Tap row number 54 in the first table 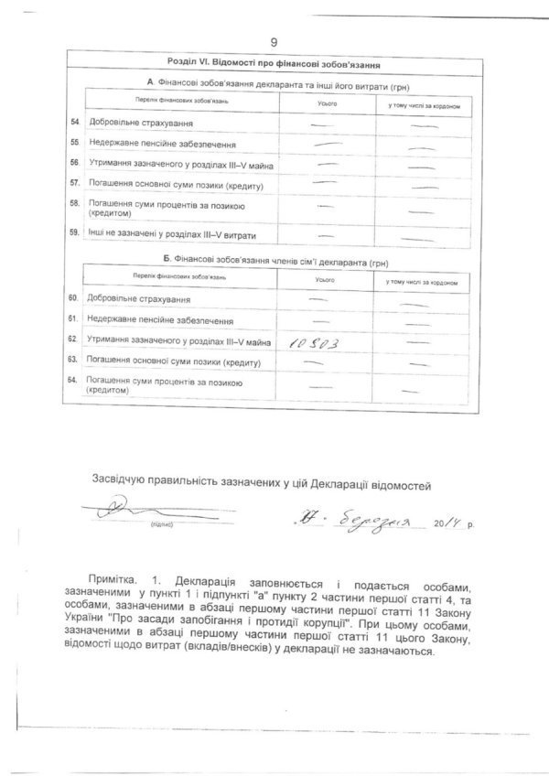[x=74, y=122]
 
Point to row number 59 [x=74, y=234]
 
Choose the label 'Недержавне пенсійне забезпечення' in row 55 [x=163, y=144]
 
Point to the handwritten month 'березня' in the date [x=373, y=519]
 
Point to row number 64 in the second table [x=74, y=380]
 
